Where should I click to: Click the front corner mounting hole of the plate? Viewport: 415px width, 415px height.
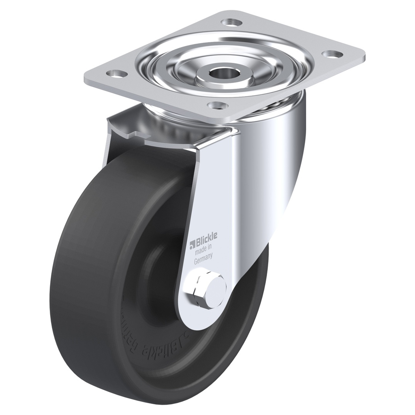point(217,105)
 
